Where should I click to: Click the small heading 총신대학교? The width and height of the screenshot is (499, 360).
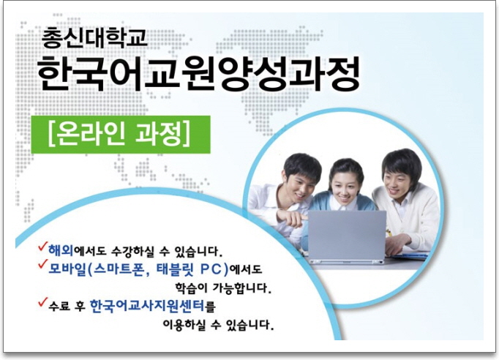tap(94, 38)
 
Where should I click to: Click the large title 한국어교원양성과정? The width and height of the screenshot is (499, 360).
tap(199, 74)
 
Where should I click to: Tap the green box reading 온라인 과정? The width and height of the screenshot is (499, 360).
tap(121, 135)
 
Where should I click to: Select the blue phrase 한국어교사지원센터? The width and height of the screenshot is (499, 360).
tap(147, 306)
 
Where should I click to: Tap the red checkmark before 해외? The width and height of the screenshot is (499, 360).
tap(42, 247)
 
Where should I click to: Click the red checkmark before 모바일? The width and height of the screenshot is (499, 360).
tap(42, 264)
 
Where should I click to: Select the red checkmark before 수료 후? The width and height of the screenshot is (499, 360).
tap(42, 302)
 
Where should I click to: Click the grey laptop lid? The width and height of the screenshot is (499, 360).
tap(347, 235)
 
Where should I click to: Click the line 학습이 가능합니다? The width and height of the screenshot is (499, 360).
tap(223, 288)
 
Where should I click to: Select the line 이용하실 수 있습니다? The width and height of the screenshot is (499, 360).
tap(218, 325)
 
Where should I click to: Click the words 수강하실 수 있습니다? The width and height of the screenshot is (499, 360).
tap(165, 252)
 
